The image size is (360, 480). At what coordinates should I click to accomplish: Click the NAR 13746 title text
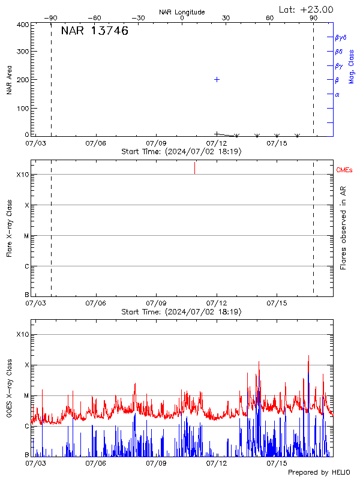coord(94,32)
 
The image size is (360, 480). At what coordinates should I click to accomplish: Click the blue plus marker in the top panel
coord(217,79)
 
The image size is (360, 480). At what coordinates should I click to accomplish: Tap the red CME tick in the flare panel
coord(194,168)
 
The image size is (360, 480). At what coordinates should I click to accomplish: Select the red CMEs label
coord(344,171)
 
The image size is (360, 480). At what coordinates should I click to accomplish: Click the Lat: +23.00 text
coord(307,9)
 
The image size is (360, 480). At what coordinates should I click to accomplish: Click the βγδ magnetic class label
coord(341,37)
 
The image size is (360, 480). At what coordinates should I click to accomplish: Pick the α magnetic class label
coord(337,94)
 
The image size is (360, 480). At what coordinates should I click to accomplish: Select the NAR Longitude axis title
coord(182,12)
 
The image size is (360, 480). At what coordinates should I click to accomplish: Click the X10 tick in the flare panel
coord(22,175)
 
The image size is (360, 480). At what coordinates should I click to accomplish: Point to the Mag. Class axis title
coord(352,66)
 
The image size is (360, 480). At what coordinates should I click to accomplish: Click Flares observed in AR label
coord(343,228)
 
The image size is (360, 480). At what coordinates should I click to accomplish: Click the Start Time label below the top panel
coord(181,152)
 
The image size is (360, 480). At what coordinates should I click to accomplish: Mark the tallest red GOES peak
coord(308,356)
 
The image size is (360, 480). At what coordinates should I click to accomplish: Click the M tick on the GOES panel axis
coord(26,395)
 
